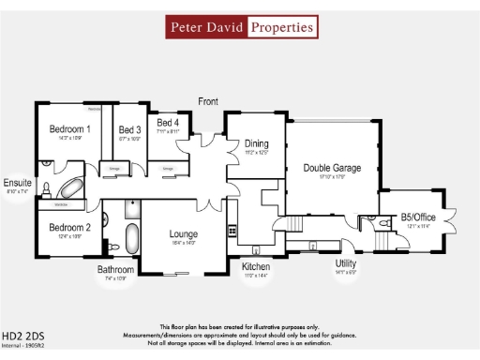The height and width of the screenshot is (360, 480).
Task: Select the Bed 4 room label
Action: click(169, 123)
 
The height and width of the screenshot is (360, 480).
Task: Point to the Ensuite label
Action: click(18, 182)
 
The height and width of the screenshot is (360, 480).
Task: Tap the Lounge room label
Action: click(184, 233)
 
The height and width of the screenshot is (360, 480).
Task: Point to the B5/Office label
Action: click(418, 217)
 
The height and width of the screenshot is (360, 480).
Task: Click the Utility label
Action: click(346, 263)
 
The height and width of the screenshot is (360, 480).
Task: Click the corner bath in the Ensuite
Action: click(74, 178)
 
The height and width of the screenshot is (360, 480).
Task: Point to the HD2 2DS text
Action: click(22, 334)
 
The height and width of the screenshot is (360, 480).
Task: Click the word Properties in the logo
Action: click(281, 27)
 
